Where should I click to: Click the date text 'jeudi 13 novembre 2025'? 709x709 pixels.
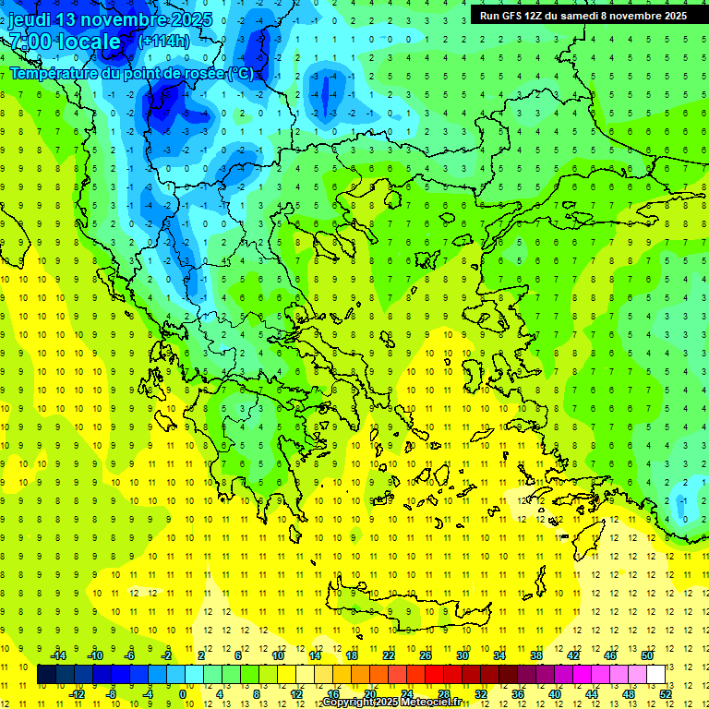click(110, 19)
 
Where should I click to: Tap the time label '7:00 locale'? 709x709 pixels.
click(65, 42)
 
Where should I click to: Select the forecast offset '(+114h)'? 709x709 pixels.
click(164, 42)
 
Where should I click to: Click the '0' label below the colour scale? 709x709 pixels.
click(183, 694)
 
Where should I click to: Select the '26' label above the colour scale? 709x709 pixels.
click(426, 655)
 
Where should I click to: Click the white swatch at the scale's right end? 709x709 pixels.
click(655, 675)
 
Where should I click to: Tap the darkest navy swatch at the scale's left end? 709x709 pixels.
click(47, 675)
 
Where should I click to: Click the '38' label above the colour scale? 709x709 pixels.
click(535, 655)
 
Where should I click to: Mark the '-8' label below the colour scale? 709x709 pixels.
click(111, 694)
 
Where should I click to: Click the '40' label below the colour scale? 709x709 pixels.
click(554, 694)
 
